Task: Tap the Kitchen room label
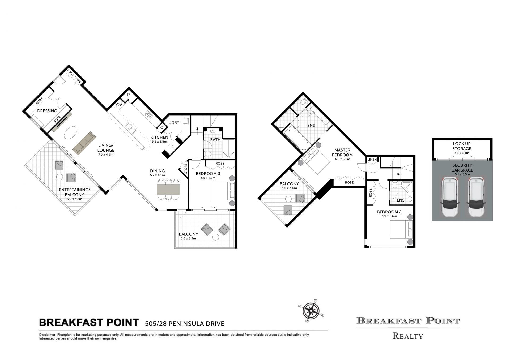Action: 159,137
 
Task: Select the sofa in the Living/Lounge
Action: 84,144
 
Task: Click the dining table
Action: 168,190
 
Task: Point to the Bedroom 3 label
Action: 208,174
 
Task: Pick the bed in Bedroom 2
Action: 401,229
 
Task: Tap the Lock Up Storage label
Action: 462,146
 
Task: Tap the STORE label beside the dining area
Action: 186,169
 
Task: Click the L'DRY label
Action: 174,123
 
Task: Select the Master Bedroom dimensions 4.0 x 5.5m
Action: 342,159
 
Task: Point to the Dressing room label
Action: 47,111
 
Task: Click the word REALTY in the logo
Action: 408,336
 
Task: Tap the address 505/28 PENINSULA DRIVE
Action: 185,324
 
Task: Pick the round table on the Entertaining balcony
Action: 59,177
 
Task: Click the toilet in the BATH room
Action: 208,154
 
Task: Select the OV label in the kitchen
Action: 119,105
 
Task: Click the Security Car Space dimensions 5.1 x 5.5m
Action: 462,174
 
